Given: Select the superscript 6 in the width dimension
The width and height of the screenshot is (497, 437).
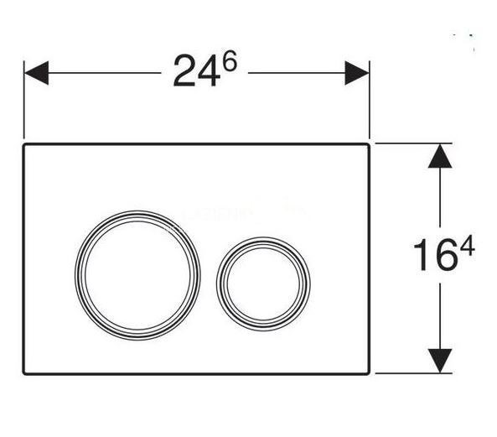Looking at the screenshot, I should point(227,63).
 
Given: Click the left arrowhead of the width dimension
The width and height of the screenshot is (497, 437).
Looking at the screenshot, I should point(34,72).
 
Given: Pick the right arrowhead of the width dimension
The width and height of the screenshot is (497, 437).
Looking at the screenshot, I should point(359,72).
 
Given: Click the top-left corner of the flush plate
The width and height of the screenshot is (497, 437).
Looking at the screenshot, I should point(25,144).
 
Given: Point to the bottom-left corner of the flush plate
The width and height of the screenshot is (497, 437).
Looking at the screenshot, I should point(25,371).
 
